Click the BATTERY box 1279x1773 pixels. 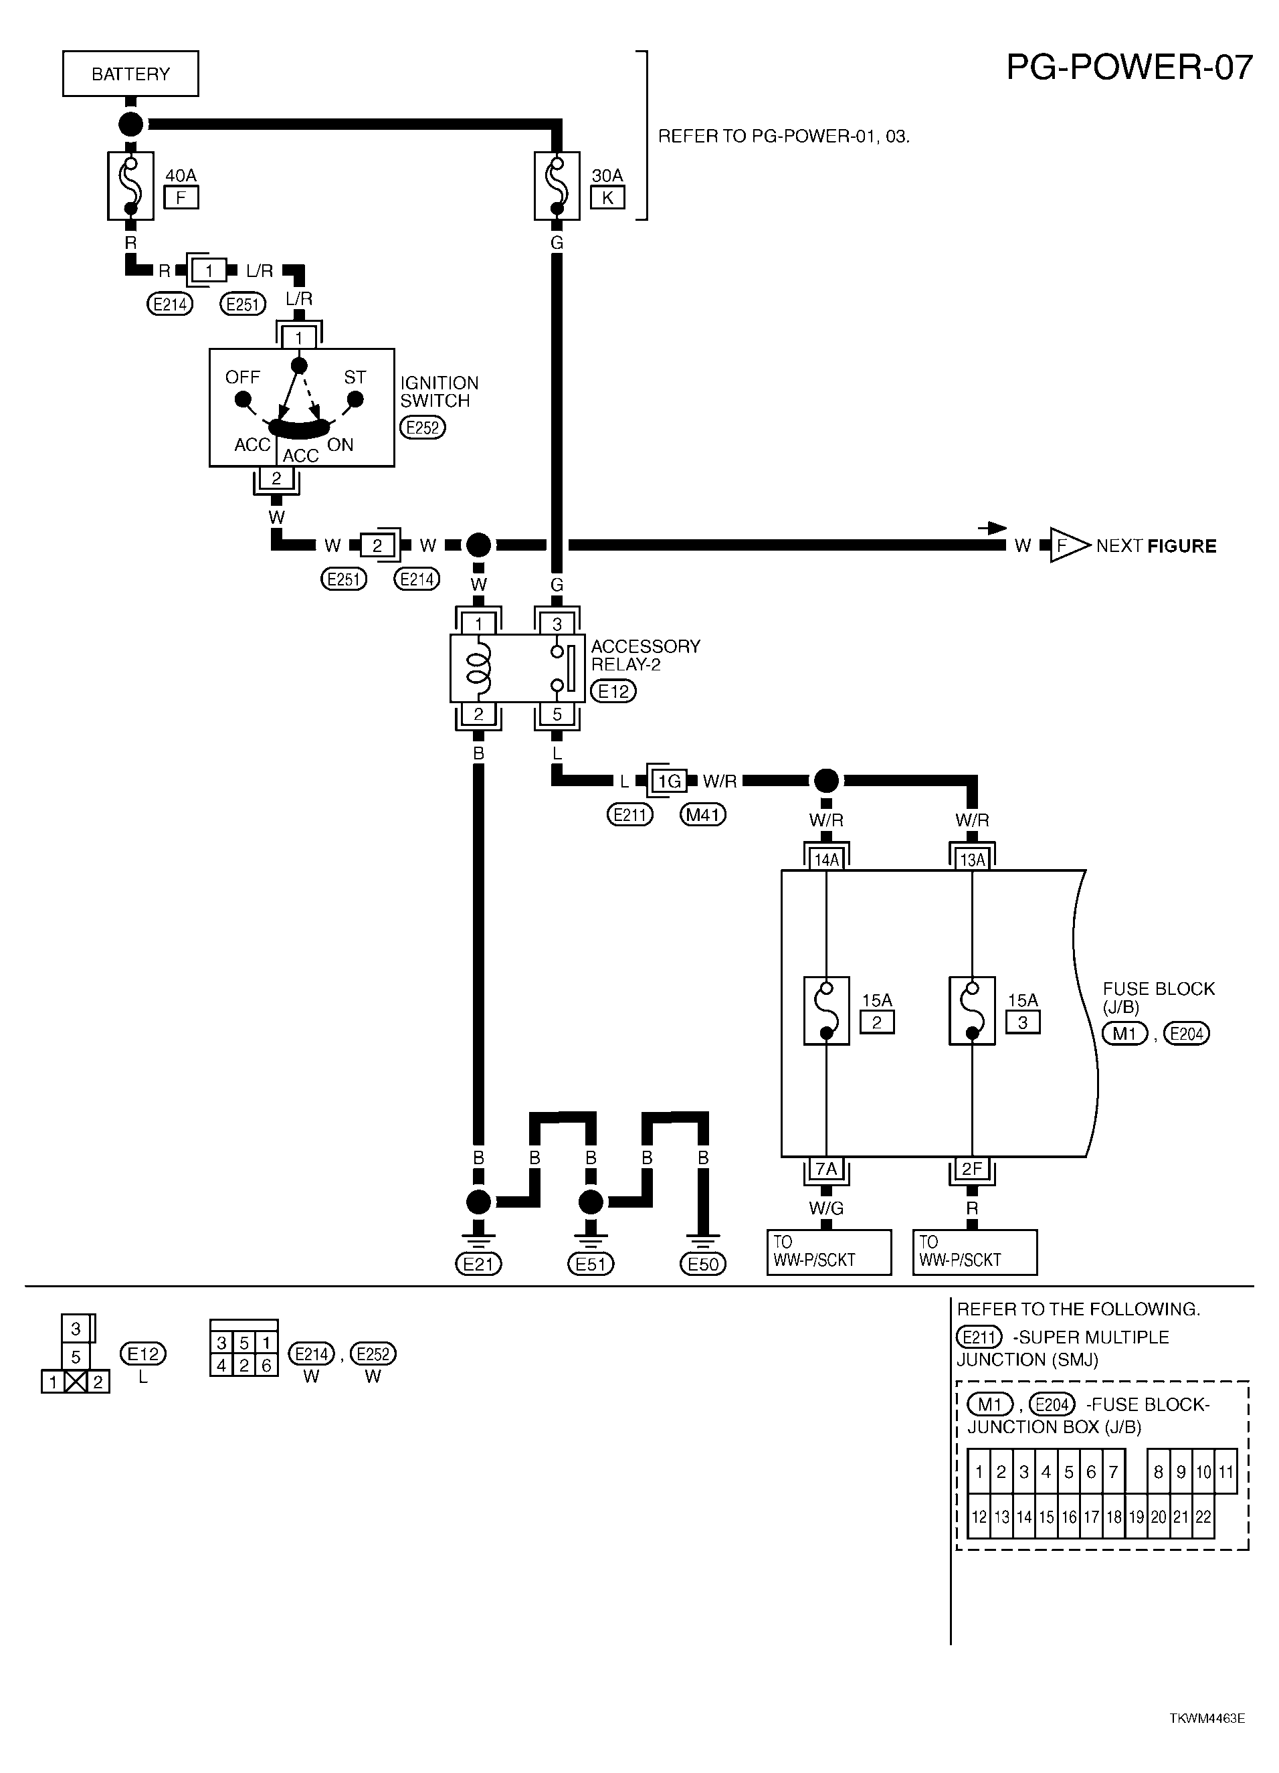point(130,74)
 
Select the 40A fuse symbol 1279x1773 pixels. point(130,186)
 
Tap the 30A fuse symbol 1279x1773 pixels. point(557,186)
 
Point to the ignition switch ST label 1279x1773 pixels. point(355,377)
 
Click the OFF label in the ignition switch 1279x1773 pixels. point(242,377)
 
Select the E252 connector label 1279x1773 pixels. point(422,428)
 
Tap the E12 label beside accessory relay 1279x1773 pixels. point(613,691)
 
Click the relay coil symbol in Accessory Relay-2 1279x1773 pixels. point(478,668)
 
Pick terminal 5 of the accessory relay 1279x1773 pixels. point(557,714)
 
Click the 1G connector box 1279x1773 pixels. point(669,780)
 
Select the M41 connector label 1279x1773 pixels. point(703,816)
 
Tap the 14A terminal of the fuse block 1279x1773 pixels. point(826,860)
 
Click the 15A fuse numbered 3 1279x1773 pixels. point(972,1011)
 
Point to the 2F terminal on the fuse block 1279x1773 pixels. point(972,1169)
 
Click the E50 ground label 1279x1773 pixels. point(703,1264)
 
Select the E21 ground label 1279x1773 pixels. point(478,1264)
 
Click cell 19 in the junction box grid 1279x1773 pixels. point(1136,1517)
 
